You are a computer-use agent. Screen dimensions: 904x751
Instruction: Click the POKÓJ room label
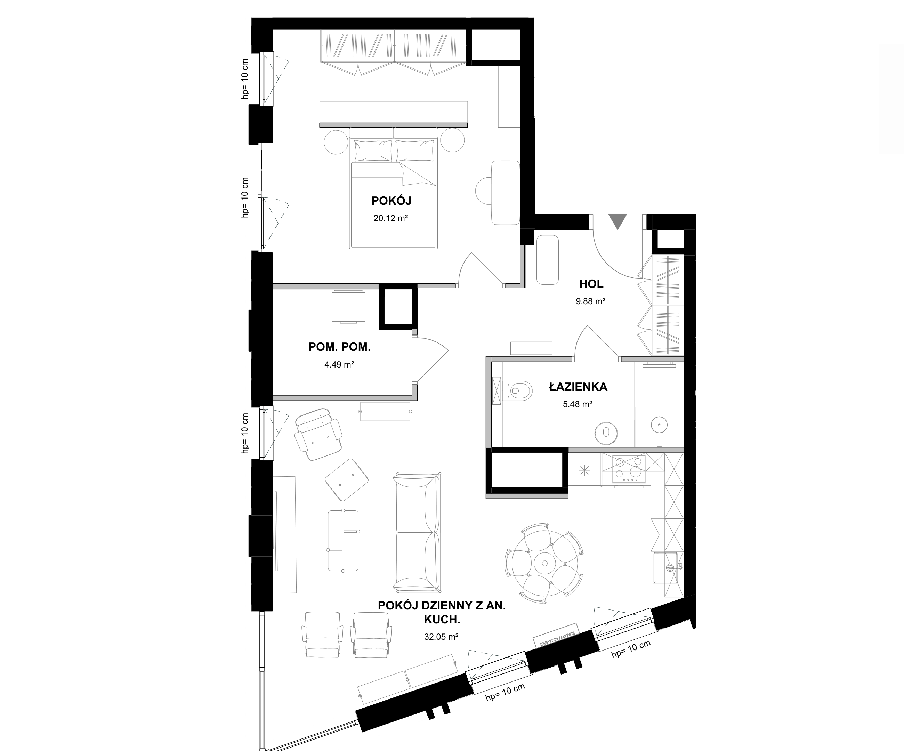391,201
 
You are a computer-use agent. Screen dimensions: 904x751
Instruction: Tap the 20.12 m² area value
390,218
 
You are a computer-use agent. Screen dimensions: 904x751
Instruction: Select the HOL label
591,284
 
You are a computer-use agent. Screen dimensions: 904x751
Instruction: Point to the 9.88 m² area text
591,301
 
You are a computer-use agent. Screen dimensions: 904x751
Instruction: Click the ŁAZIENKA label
578,387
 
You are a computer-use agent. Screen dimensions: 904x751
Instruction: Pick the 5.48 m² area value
577,404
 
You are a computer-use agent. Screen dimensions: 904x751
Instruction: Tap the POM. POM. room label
339,347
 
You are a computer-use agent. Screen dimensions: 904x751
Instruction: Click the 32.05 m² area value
441,637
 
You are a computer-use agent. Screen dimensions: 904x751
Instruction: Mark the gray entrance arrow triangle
618,221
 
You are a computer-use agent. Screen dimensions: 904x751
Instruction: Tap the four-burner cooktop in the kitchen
629,469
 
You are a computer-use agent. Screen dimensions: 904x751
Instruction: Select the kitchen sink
667,568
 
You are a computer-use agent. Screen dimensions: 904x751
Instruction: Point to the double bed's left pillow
373,150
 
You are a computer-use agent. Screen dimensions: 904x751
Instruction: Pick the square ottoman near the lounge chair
347,480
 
